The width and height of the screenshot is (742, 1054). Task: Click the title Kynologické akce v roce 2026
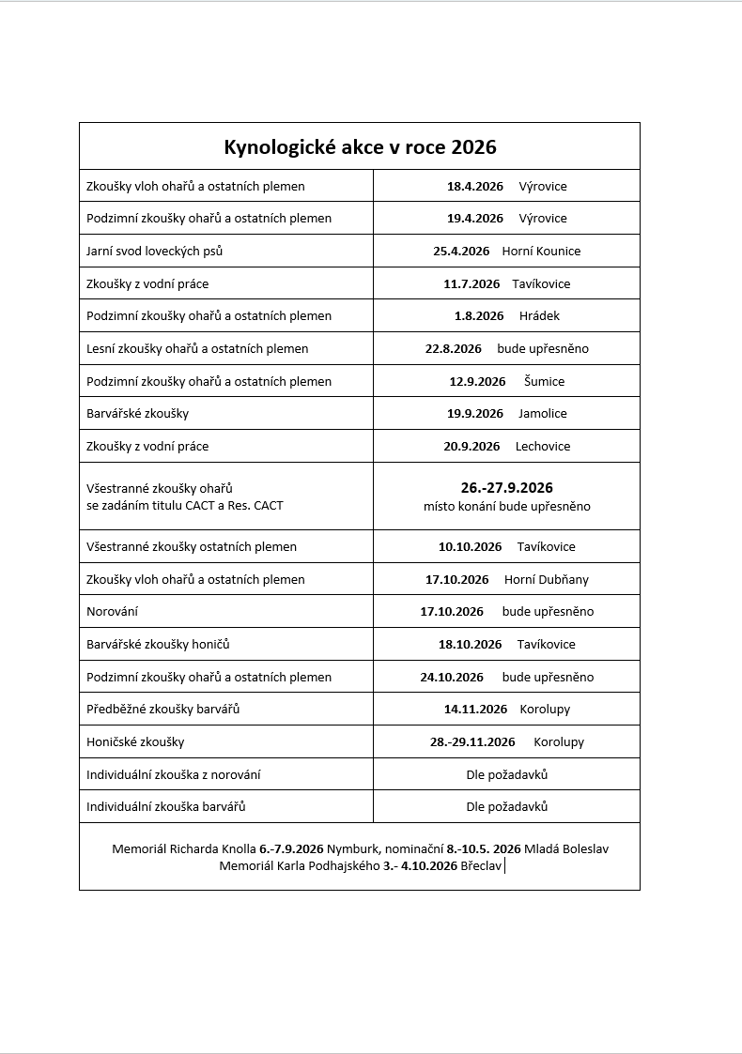tap(360, 147)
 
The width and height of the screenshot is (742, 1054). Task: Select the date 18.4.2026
tap(475, 186)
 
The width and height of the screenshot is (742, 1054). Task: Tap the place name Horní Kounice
tap(542, 251)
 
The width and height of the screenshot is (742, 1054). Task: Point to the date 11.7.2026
tap(471, 283)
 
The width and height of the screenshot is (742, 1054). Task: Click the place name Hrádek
tap(539, 315)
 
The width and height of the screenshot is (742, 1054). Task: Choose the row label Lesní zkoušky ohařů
tap(197, 348)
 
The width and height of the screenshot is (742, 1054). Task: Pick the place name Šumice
tap(545, 381)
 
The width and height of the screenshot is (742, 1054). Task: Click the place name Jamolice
tap(543, 413)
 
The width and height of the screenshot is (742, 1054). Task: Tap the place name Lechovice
tap(543, 446)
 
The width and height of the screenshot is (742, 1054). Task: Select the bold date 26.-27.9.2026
tap(506, 487)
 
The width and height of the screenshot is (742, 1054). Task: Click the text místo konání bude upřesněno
tap(506, 506)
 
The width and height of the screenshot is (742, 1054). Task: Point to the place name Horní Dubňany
tap(547, 579)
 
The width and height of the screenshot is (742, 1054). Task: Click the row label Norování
tap(113, 611)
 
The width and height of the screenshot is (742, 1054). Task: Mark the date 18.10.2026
tap(470, 644)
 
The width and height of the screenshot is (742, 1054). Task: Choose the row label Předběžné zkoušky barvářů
tap(162, 709)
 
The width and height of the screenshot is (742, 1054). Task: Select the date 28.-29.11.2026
tap(472, 741)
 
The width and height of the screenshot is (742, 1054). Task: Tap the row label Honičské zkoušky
tap(135, 741)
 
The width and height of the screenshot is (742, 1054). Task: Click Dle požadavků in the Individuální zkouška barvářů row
tap(506, 806)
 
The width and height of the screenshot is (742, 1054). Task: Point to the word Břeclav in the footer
tap(481, 865)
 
